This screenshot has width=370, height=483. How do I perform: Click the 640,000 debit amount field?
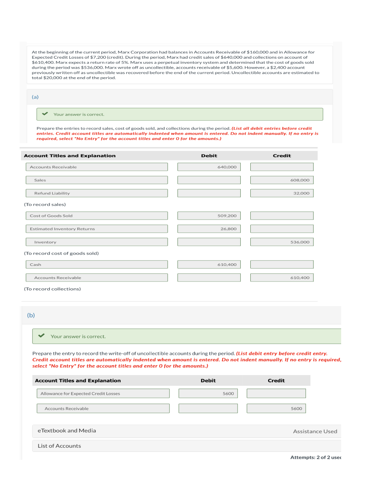[209, 167]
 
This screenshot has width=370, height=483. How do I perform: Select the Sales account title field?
[97, 180]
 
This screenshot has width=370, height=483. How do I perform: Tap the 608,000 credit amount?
[282, 180]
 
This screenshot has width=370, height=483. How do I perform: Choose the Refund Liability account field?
[97, 193]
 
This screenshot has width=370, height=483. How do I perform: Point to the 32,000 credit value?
[282, 193]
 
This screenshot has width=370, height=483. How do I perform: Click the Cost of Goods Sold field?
[97, 216]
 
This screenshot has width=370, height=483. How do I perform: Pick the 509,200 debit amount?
[209, 216]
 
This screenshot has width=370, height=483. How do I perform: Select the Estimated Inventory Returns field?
[97, 229]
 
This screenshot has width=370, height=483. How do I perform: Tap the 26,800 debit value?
[209, 229]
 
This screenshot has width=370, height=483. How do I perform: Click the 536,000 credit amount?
[282, 242]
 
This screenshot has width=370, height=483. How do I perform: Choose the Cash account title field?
[97, 264]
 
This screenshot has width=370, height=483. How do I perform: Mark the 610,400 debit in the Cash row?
[209, 264]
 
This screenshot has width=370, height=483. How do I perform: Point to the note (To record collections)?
[52, 289]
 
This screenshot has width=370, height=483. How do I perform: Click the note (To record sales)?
[45, 205]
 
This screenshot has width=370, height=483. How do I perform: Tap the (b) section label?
[31, 315]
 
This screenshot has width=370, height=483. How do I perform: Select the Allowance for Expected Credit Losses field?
[103, 393]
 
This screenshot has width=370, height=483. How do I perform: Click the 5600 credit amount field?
[276, 409]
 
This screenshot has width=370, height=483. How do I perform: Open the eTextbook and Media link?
[67, 431]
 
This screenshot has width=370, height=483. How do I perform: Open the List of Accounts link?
[59, 446]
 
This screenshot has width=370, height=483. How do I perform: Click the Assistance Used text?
[315, 431]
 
